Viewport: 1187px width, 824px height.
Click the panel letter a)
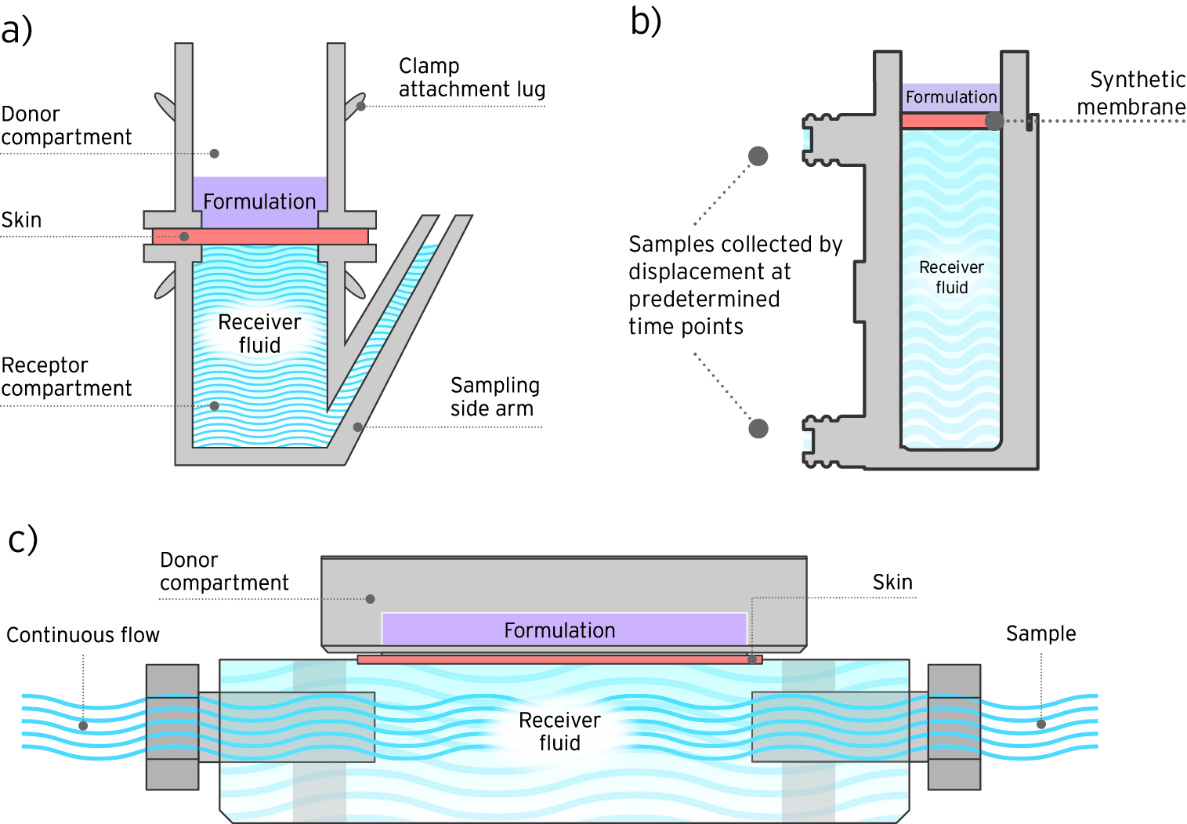16,31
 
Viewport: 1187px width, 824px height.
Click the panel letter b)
646,21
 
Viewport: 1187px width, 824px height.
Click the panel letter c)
22,539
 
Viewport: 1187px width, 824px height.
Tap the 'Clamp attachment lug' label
471,78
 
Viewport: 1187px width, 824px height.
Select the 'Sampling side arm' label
494,397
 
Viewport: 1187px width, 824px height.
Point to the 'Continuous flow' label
82,635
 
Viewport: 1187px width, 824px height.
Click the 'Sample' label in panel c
1040,633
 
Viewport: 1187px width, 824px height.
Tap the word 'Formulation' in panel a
259,201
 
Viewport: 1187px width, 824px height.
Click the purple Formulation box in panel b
950,97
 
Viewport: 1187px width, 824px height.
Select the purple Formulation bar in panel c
559,630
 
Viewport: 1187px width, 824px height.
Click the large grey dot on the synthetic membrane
993,121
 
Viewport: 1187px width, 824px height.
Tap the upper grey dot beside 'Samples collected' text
758,156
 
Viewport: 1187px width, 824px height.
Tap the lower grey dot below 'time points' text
758,428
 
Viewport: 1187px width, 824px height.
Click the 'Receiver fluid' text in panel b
951,278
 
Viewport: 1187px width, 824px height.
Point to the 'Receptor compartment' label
66,376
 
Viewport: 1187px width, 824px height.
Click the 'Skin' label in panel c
892,582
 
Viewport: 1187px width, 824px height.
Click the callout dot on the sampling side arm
357,427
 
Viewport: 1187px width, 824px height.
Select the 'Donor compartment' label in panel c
223,572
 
